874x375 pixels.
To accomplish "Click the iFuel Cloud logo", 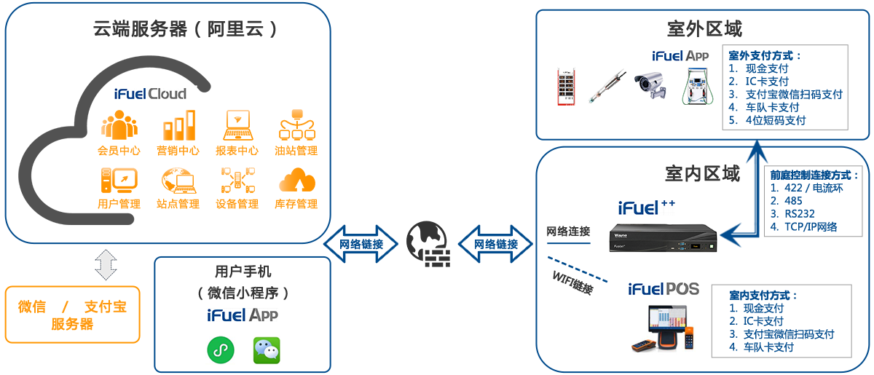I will (150, 94).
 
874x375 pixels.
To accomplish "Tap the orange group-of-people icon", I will (119, 125).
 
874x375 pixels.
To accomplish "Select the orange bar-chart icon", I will (178, 125).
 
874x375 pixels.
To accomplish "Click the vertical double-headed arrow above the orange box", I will (106, 265).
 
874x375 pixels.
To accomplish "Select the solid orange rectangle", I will (72, 314).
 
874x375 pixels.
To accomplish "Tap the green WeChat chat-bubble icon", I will (266, 350).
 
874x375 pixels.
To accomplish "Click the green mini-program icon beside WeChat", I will (219, 350).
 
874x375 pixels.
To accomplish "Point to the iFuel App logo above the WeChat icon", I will (242, 315).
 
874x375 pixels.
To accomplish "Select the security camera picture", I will (650, 85).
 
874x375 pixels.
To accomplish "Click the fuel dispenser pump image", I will (698, 85).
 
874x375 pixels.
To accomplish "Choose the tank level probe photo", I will (607, 86).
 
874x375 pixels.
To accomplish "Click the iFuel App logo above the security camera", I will (680, 56).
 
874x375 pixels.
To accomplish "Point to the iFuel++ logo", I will (645, 208).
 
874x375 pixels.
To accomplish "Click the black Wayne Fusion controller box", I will (663, 237).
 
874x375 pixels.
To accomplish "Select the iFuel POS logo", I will (663, 289).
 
